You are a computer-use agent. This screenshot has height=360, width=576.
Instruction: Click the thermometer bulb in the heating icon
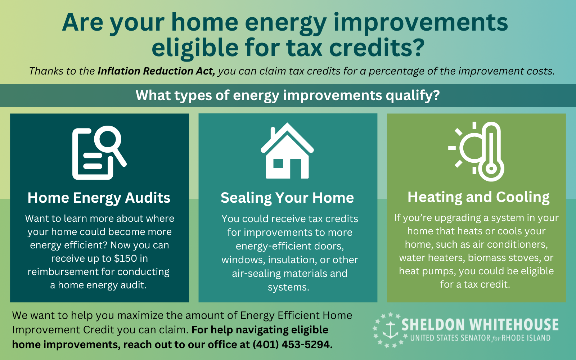(491, 169)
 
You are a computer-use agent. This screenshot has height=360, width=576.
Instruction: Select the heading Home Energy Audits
(99, 198)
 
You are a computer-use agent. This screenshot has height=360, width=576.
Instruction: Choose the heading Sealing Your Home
(287, 198)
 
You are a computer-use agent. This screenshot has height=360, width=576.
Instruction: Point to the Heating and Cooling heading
(478, 197)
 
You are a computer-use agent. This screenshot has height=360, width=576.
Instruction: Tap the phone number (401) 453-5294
(293, 345)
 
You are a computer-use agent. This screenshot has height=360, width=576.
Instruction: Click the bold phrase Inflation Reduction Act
(156, 71)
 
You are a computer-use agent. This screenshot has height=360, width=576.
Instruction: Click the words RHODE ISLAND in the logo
(526, 338)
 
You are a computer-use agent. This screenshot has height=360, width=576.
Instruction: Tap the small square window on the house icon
(278, 163)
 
